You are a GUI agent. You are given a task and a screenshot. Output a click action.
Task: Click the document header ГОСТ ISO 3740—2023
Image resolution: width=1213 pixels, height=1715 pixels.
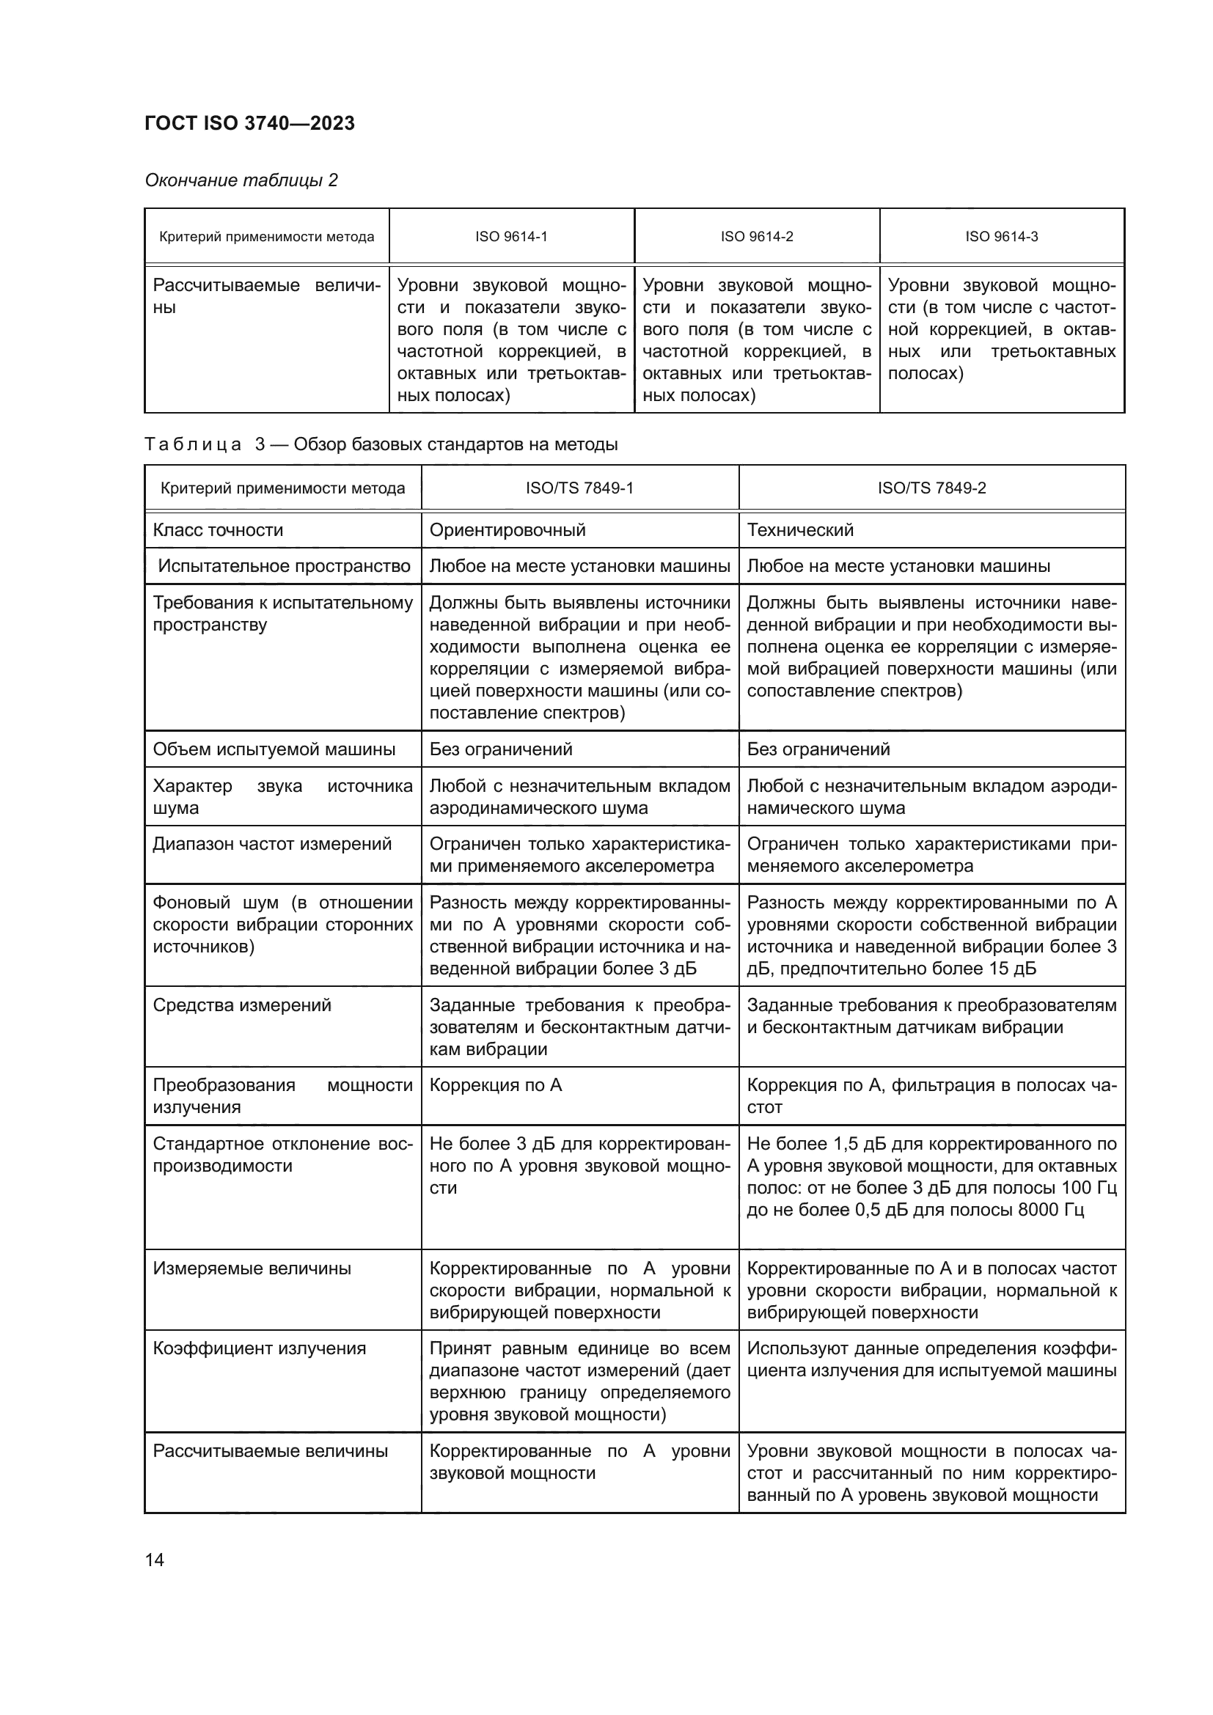[249, 123]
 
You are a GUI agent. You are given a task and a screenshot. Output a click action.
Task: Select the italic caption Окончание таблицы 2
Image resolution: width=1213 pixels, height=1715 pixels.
[241, 180]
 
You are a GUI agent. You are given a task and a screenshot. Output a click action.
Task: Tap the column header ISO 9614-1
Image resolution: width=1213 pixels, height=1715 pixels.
[511, 237]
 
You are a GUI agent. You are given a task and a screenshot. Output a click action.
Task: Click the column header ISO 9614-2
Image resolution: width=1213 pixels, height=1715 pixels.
[757, 237]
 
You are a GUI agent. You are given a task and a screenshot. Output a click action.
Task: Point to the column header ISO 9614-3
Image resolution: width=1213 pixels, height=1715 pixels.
[1001, 237]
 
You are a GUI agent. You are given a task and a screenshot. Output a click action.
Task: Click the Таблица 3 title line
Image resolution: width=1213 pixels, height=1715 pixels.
[381, 444]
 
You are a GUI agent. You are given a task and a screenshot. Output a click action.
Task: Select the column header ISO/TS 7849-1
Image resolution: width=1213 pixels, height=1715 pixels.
[579, 488]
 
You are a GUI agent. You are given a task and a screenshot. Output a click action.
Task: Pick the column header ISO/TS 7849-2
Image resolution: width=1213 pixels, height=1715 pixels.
[931, 488]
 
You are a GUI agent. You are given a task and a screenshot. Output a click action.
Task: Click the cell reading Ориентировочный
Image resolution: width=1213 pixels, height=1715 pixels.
[507, 530]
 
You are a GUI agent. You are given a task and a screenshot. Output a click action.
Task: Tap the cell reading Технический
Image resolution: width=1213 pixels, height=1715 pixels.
[799, 530]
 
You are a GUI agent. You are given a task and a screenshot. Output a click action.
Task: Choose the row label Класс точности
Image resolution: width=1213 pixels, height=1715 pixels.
[218, 530]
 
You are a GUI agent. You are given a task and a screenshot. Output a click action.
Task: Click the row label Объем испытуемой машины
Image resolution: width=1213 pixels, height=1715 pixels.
[274, 749]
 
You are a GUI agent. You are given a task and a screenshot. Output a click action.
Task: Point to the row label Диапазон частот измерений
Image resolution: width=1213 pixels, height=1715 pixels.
[272, 844]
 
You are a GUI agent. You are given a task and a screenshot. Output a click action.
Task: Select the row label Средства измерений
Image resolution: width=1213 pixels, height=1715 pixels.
[242, 1005]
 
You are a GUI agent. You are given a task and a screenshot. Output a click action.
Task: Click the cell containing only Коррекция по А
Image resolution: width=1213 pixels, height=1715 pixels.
[495, 1085]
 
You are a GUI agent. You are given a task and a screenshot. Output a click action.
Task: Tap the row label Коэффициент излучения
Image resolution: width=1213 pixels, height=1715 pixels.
[259, 1348]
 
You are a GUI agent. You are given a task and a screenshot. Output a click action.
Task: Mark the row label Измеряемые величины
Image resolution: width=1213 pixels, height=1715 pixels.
[252, 1268]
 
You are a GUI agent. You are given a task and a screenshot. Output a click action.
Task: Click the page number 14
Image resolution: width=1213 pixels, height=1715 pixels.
[155, 1560]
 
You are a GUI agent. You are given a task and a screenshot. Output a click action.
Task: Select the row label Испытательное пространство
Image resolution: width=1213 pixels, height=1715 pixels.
[284, 566]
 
